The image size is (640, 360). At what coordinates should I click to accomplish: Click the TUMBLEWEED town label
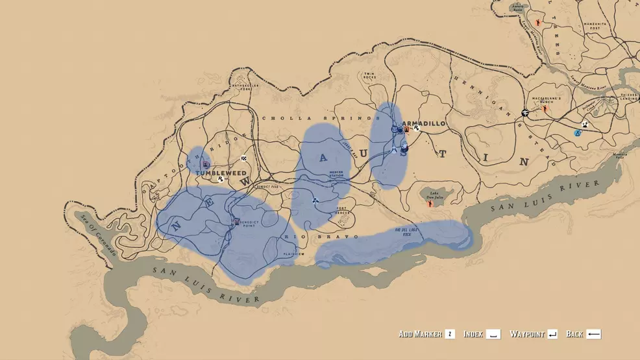tap(221, 173)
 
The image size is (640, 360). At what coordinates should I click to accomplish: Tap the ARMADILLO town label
tap(423, 123)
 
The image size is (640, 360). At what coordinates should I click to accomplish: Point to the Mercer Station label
tap(336, 174)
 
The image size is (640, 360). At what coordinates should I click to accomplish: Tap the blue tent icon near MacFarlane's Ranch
tap(576, 132)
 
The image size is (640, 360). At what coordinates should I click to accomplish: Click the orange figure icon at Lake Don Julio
tap(430, 204)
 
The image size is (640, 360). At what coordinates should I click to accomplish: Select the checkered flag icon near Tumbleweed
tap(243, 158)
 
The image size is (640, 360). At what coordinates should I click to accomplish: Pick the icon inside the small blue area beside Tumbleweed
tap(206, 164)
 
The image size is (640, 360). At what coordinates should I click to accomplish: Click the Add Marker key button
tap(449, 334)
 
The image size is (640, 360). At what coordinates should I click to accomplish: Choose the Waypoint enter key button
tap(552, 334)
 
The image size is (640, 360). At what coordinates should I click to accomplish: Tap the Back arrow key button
tap(593, 334)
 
